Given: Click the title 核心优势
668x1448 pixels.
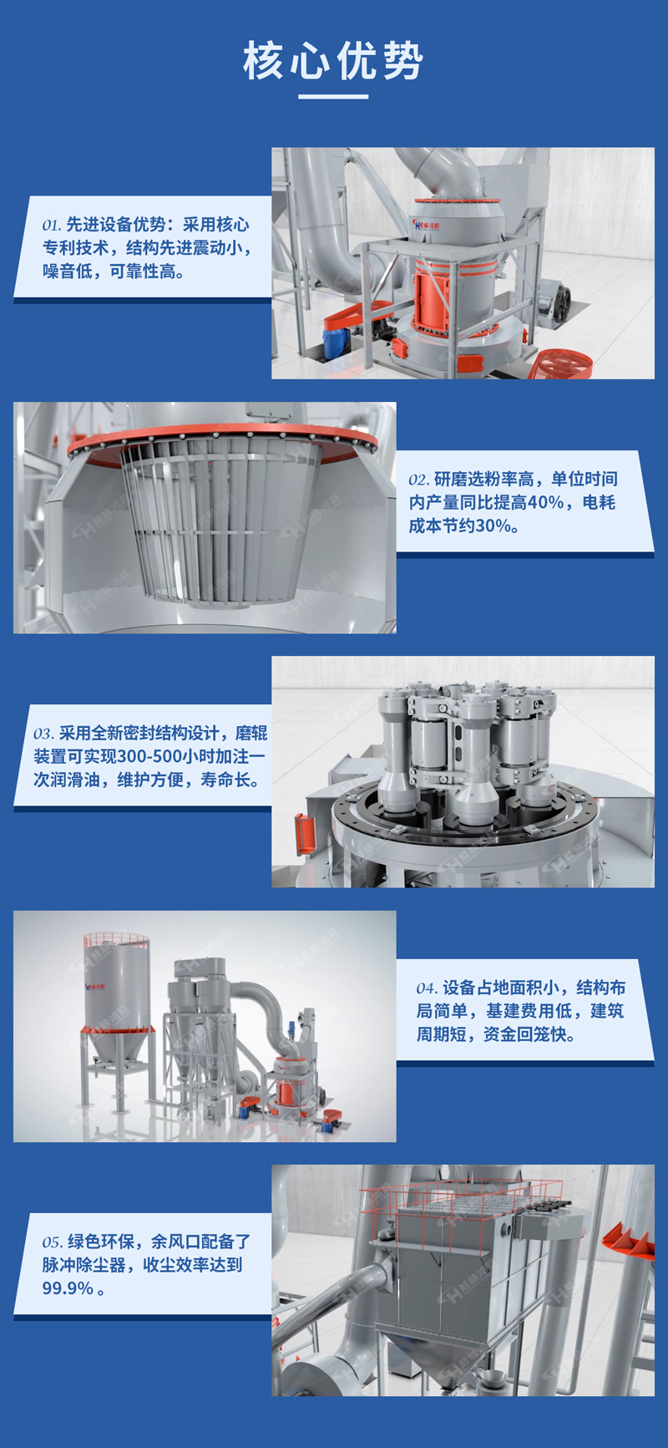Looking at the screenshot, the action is tap(333, 61).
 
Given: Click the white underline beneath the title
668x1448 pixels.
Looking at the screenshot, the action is tap(333, 96).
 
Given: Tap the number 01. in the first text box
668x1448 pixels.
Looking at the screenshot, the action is tap(52, 226).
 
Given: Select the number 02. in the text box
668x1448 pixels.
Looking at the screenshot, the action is tap(418, 480).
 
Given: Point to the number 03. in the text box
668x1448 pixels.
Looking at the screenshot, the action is tap(43, 734).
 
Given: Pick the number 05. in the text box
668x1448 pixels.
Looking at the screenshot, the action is tap(53, 1242).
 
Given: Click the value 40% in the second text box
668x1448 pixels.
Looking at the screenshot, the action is tap(545, 502).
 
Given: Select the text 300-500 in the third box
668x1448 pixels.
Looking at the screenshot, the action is tap(147, 756).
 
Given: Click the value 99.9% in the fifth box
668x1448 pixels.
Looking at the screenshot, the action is tap(68, 1288).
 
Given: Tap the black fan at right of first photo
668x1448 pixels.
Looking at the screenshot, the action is tap(554, 297).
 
